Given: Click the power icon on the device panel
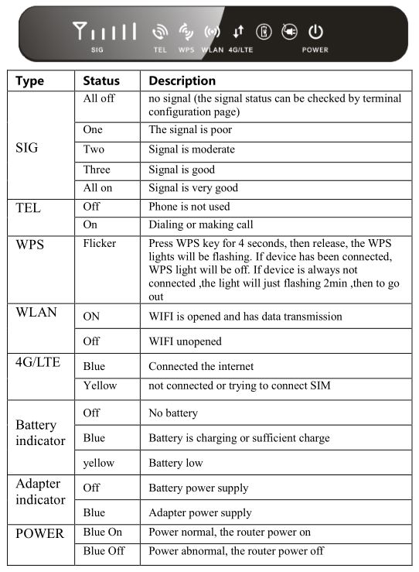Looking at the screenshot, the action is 315,32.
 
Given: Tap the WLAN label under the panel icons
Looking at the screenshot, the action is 212,50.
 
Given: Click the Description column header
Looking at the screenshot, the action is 182,80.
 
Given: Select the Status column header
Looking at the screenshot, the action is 101,80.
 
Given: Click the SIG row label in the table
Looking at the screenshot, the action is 26,148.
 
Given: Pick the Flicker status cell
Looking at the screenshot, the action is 99,244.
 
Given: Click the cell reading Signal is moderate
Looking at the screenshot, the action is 192,149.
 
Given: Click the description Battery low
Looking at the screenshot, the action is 175,463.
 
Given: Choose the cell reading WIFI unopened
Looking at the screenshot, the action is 185,341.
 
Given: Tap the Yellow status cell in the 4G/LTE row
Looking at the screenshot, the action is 100,385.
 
